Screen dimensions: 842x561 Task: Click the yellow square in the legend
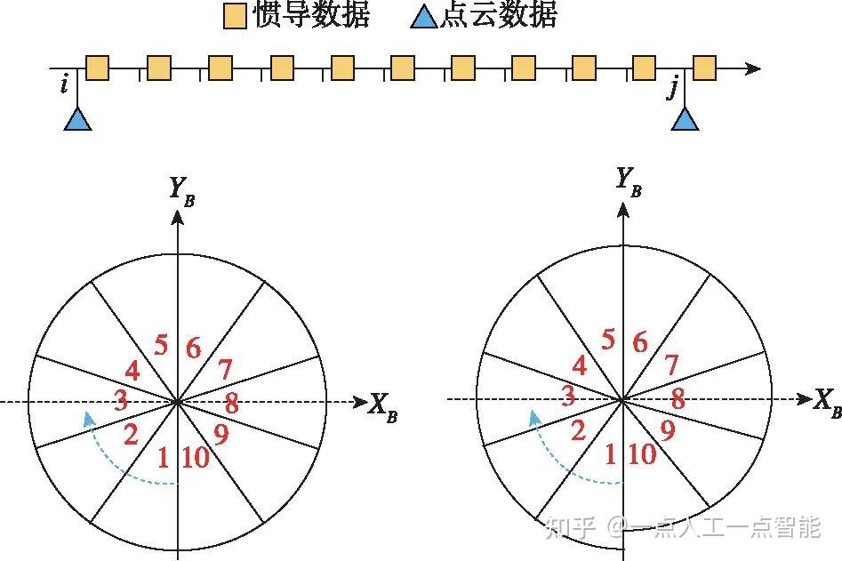[236, 15]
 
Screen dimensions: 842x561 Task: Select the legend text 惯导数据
[311, 15]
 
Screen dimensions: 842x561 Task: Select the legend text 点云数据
[499, 15]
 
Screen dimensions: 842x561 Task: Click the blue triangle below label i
[78, 119]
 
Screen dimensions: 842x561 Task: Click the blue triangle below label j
[684, 119]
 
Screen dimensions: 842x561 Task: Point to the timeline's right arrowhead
[754, 68]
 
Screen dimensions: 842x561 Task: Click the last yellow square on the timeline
[705, 68]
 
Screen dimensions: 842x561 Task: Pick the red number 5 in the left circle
[161, 344]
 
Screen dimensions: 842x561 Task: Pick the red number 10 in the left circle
[195, 458]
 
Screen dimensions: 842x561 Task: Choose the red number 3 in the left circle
[121, 400]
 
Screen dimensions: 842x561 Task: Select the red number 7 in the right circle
[672, 365]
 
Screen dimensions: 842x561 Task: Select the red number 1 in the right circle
[610, 454]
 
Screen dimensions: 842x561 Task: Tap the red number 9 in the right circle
[666, 431]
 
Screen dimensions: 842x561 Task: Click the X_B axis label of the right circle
[826, 402]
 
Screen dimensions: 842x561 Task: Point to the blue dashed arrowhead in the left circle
[87, 416]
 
